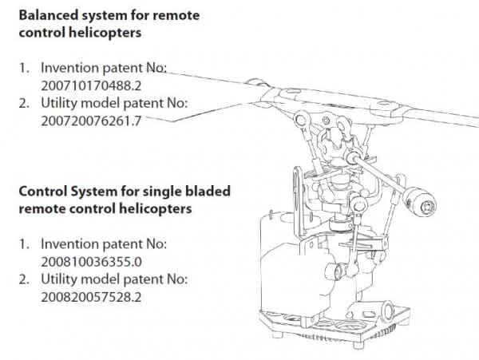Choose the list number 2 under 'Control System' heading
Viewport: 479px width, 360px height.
pos(25,279)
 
